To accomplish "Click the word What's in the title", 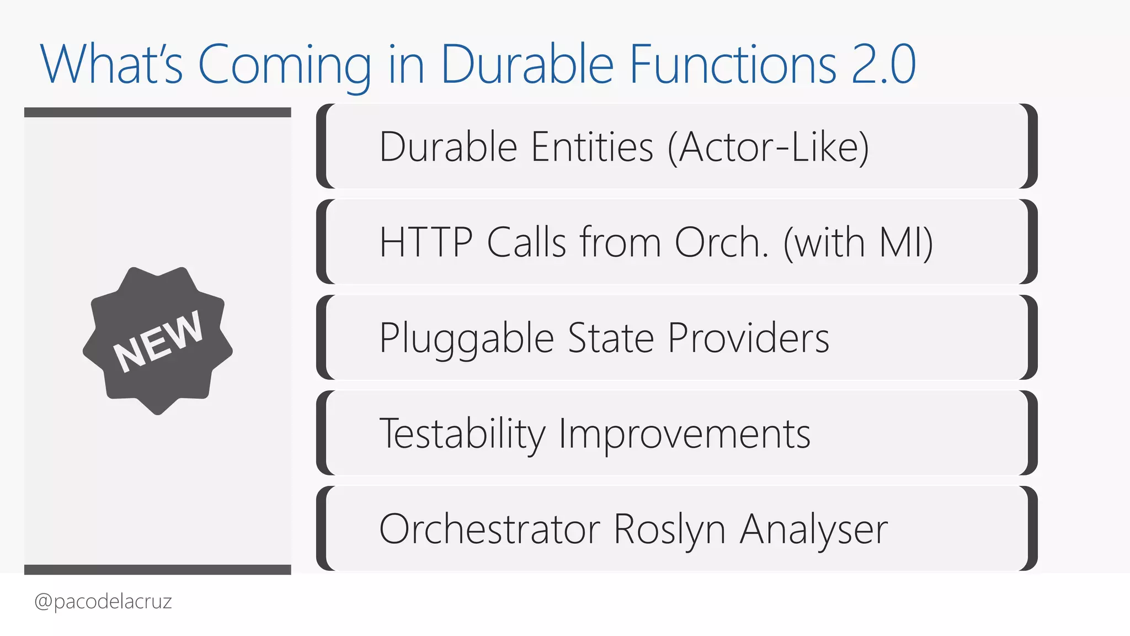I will [x=111, y=65].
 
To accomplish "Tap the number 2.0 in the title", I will [x=883, y=65].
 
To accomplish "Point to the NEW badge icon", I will [x=158, y=341].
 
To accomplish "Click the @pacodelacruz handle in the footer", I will [x=103, y=601].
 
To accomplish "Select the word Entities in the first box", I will [x=592, y=147].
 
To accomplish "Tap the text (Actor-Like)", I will [x=768, y=147].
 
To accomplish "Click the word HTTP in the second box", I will [x=426, y=243].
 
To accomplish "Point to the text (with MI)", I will [x=858, y=243].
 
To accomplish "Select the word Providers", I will [x=748, y=338].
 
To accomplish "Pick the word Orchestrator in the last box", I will [x=489, y=529].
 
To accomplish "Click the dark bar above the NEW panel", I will [x=157, y=113].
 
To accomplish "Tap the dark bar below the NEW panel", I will [x=157, y=570].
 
